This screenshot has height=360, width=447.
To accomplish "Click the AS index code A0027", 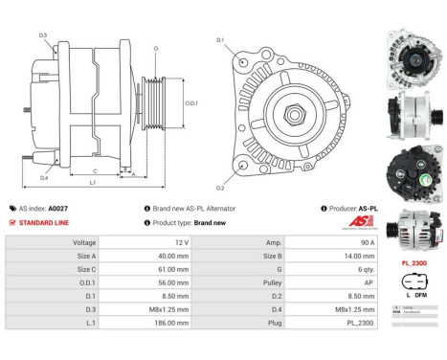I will [x=59, y=207].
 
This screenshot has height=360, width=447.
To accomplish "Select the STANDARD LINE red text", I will [x=43, y=222].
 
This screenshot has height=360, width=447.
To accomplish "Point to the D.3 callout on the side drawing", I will [x=43, y=35].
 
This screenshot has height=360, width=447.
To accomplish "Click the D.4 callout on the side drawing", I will [x=44, y=177].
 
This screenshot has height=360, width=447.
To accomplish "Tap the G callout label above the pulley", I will [x=156, y=47].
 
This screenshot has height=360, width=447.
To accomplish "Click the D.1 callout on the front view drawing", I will [x=219, y=39].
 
